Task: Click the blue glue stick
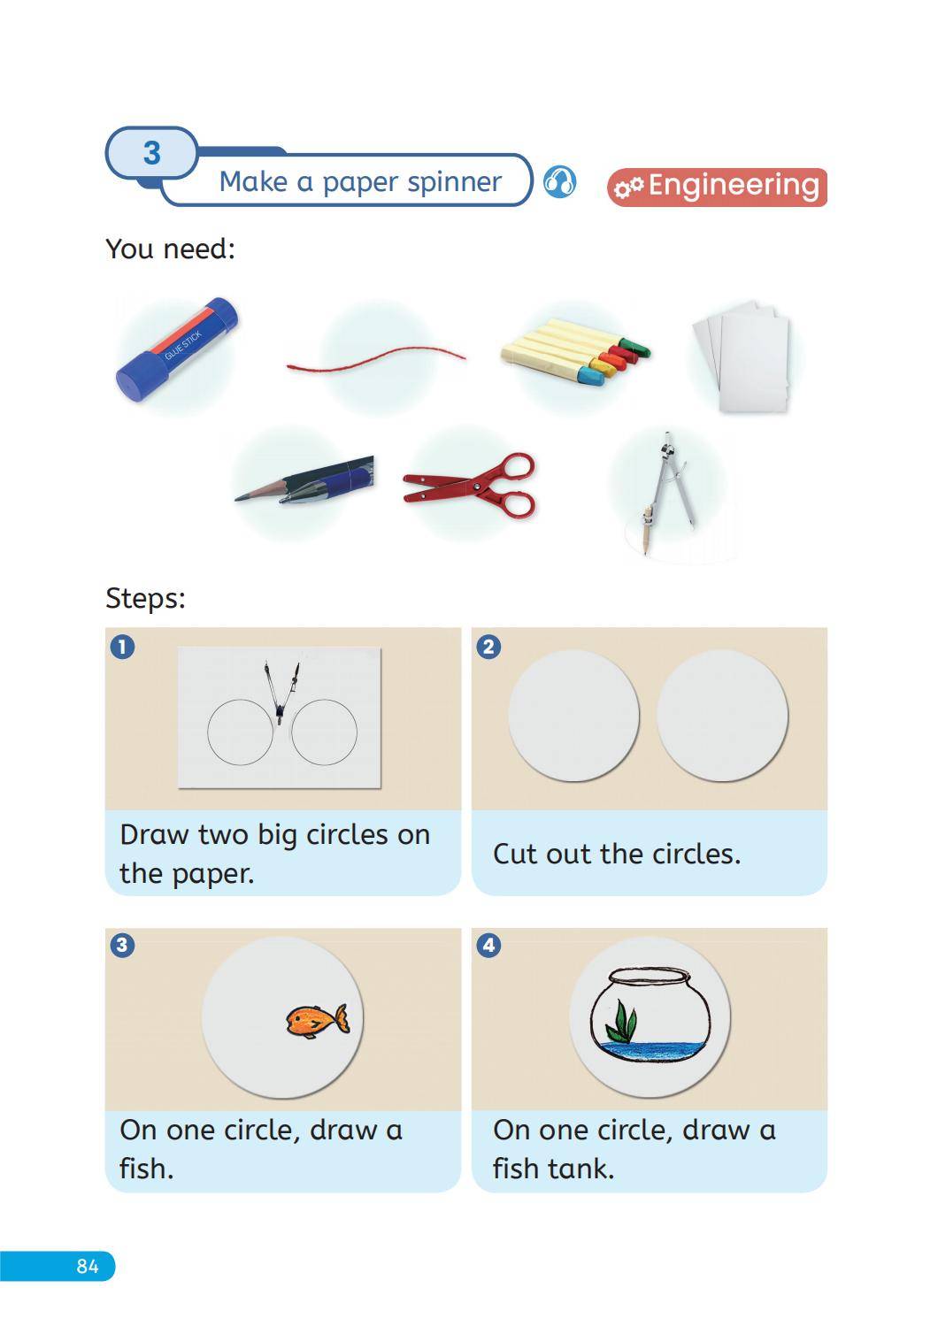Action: [177, 349]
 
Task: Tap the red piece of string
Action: [376, 360]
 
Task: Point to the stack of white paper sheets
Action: [741, 356]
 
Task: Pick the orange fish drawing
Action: [317, 1021]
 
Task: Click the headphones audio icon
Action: [559, 181]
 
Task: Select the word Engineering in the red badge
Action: [734, 187]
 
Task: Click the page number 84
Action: [87, 1265]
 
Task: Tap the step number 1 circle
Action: [123, 647]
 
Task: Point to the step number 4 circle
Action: [488, 945]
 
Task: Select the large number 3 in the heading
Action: [152, 153]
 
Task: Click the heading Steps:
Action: [145, 597]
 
